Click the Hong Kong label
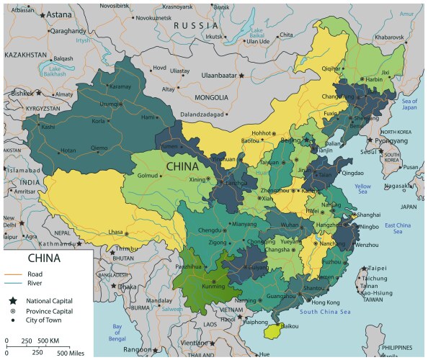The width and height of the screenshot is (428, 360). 326,302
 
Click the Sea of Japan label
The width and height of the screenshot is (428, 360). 409,104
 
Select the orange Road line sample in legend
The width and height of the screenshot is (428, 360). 14,274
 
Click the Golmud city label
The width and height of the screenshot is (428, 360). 147,175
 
